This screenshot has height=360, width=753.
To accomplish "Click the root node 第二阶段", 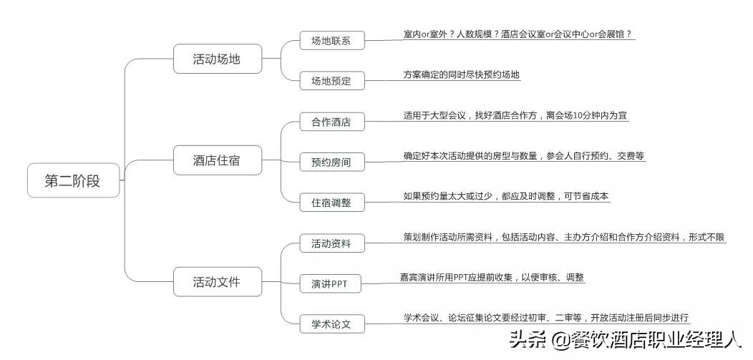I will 73,181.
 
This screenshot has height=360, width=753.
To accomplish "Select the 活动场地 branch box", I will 217,59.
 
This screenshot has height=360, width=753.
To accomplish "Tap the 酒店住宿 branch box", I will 217,160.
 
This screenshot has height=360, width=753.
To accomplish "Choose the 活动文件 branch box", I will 217,282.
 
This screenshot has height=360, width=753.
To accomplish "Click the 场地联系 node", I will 331,41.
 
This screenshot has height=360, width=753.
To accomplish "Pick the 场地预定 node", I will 331,81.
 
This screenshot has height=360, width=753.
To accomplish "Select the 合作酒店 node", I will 331,122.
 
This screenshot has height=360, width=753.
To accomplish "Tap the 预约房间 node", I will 331,162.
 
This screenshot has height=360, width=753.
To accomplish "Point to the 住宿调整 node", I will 331,203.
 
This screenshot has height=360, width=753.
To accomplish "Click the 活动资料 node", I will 331,243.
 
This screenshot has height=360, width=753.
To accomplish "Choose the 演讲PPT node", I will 329,283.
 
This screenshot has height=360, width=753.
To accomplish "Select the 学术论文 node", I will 331,324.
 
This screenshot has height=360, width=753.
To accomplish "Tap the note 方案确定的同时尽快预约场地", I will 461,74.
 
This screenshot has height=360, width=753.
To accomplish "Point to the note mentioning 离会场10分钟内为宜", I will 515,115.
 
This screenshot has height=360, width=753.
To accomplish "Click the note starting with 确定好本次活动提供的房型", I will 523,155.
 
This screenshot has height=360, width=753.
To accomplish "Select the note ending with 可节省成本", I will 506,195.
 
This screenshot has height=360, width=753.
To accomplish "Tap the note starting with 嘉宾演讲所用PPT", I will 492,277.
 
